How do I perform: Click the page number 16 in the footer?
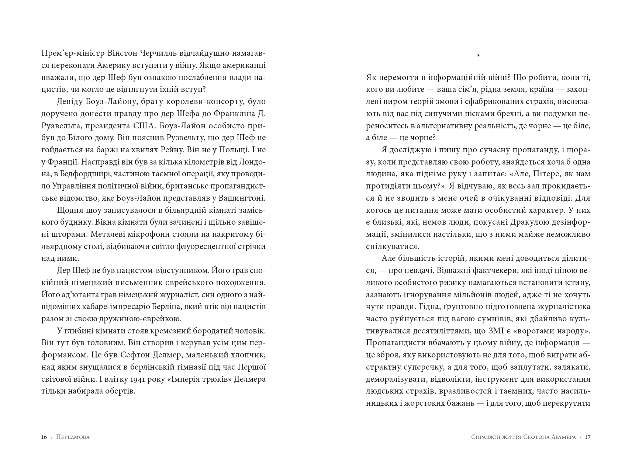[x=44, y=437]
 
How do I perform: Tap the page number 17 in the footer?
[x=588, y=437]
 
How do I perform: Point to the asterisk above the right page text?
[x=478, y=56]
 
